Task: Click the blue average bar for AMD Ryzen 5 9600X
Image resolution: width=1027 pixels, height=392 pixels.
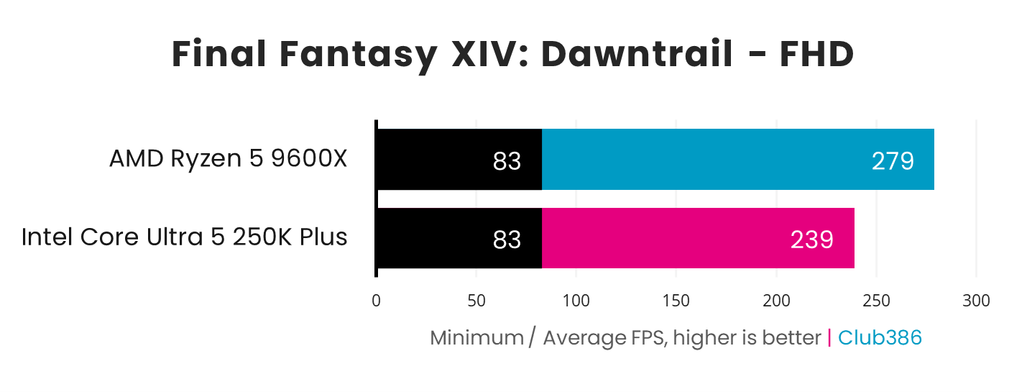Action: coord(737,160)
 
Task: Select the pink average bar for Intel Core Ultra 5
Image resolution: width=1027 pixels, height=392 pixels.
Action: coord(697,238)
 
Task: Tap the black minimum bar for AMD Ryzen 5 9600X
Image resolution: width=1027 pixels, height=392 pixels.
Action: coord(459,160)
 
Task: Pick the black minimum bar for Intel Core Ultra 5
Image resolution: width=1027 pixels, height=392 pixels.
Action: coord(459,238)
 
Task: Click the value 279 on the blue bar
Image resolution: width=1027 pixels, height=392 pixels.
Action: coord(893,161)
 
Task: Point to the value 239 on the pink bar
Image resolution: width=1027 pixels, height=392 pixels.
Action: coord(811,240)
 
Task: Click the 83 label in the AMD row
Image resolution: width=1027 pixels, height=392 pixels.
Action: coord(507,161)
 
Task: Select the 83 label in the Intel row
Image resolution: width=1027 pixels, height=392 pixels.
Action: coord(507,240)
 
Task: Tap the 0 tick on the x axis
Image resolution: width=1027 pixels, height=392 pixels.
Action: coord(376,301)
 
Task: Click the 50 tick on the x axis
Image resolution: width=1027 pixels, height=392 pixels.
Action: coord(476,301)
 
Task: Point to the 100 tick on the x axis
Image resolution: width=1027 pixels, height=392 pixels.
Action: coord(576,301)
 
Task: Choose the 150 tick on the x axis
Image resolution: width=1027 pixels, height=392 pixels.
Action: coord(676,301)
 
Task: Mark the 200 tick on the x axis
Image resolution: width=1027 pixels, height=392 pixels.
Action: coord(775,301)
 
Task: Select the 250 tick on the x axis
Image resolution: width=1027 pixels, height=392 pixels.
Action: coord(875,301)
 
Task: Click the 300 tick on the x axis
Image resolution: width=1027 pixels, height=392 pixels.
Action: coord(975,301)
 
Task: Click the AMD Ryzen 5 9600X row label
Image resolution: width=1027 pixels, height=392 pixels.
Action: coord(228,159)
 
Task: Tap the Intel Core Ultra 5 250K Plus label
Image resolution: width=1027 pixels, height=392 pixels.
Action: coord(185,237)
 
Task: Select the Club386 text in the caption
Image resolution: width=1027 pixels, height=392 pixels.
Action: coord(880,337)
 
